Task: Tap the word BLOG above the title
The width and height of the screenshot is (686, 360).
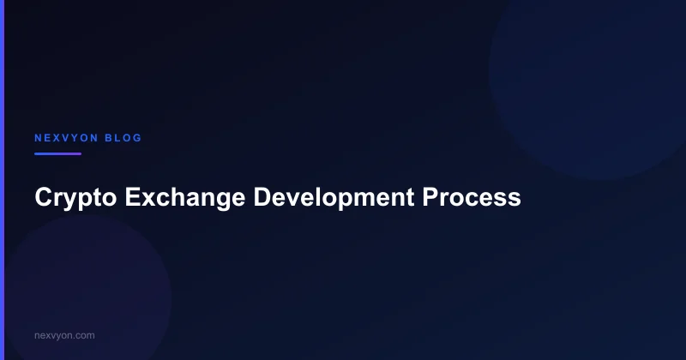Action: point(124,138)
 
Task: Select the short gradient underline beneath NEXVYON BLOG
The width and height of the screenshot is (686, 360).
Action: point(57,154)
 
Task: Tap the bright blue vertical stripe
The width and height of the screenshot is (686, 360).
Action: point(2,180)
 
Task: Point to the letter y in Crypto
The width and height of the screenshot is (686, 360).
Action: point(73,200)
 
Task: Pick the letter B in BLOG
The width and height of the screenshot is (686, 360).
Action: point(110,138)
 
